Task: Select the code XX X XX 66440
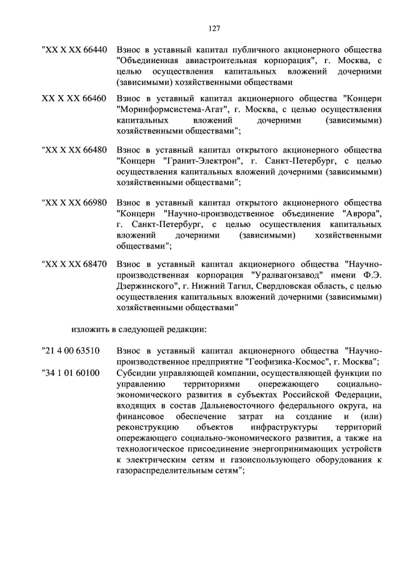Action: (74, 50)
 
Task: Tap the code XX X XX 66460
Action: (74, 99)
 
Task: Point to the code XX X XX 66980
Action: (74, 204)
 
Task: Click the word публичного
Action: (238, 50)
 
